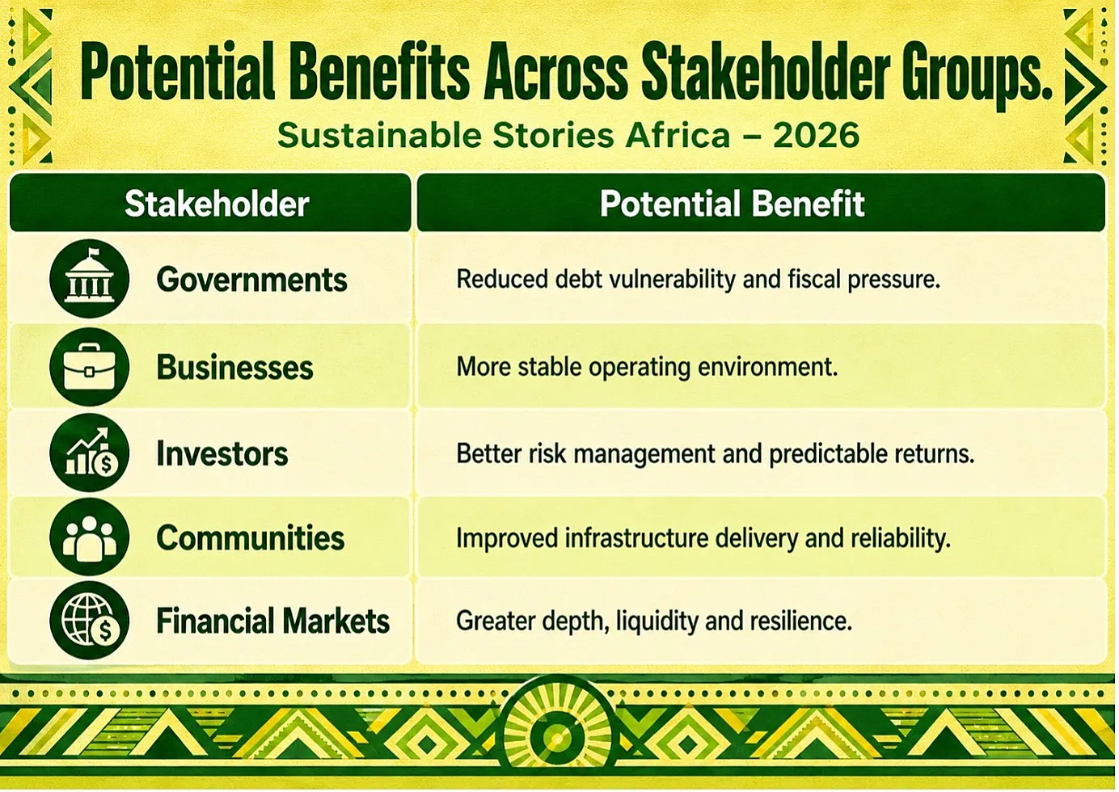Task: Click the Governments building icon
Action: [x=90, y=279]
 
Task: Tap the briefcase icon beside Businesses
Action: [x=90, y=367]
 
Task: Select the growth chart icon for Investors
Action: [x=90, y=453]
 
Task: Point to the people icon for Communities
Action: [x=90, y=537]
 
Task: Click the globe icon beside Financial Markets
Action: [x=90, y=621]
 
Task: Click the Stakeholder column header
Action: [x=217, y=204]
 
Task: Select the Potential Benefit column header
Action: [x=732, y=204]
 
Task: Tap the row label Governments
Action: [x=251, y=279]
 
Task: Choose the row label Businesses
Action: [x=234, y=368]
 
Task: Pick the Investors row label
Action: [x=222, y=453]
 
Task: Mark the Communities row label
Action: [x=251, y=537]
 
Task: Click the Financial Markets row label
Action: [x=272, y=621]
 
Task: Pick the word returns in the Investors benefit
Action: [x=935, y=454]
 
